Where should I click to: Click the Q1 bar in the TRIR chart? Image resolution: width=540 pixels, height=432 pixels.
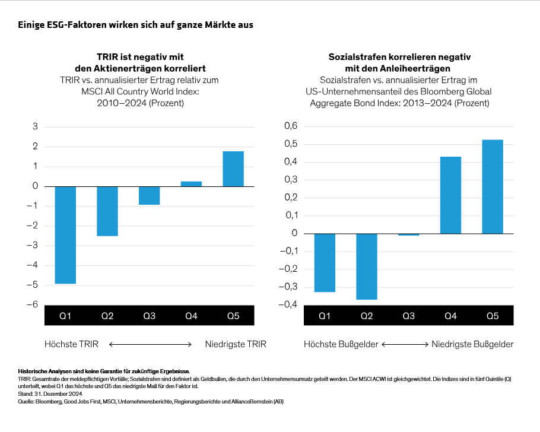point(65,235)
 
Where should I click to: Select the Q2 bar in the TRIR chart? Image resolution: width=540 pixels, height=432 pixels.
point(107,211)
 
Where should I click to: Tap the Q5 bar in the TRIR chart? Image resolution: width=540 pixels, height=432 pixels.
point(233,169)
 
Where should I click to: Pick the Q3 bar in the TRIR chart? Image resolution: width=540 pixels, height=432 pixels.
point(150,196)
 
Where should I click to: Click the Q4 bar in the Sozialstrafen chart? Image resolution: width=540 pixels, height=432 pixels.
point(450,195)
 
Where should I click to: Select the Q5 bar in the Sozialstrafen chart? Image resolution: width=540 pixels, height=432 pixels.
point(493,187)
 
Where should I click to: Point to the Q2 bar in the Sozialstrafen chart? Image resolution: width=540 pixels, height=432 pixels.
point(367,266)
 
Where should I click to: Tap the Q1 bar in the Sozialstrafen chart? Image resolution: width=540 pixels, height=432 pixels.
point(325,263)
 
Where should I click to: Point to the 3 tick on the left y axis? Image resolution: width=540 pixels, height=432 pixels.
point(35,126)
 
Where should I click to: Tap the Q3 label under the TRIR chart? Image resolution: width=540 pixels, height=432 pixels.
point(150,316)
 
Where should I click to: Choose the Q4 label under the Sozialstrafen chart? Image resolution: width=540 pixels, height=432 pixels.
point(450,316)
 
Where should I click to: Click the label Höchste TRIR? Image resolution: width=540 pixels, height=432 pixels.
point(71,344)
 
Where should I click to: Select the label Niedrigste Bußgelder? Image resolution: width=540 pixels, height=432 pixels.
point(472,344)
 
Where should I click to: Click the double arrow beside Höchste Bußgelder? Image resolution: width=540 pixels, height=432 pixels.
point(405,344)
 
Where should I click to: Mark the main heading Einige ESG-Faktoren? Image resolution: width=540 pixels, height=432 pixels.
point(136,25)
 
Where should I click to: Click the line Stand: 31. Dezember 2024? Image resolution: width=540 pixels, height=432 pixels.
point(50,394)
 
